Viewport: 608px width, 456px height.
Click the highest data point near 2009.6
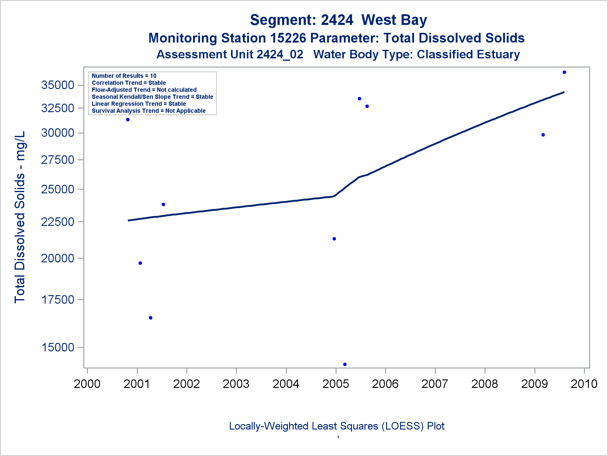564,72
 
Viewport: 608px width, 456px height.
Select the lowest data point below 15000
345,364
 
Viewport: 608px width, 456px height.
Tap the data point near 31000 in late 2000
128,120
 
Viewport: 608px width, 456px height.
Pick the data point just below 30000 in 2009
543,135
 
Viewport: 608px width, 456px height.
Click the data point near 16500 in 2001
150,318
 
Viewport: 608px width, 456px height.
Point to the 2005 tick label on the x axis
336,384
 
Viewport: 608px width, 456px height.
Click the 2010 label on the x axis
584,384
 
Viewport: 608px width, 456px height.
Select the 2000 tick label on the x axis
87,384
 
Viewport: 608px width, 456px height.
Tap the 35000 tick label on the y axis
58,85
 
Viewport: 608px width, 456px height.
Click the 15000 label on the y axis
58,347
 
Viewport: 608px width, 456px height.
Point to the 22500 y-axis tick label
58,222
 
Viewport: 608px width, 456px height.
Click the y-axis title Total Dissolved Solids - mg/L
20,217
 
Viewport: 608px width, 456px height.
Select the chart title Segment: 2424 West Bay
338,20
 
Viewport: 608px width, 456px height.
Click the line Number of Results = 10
124,76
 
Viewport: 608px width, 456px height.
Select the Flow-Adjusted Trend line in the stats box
144,90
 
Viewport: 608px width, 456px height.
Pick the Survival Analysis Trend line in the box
149,111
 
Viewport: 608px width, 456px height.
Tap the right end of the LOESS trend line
564,92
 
